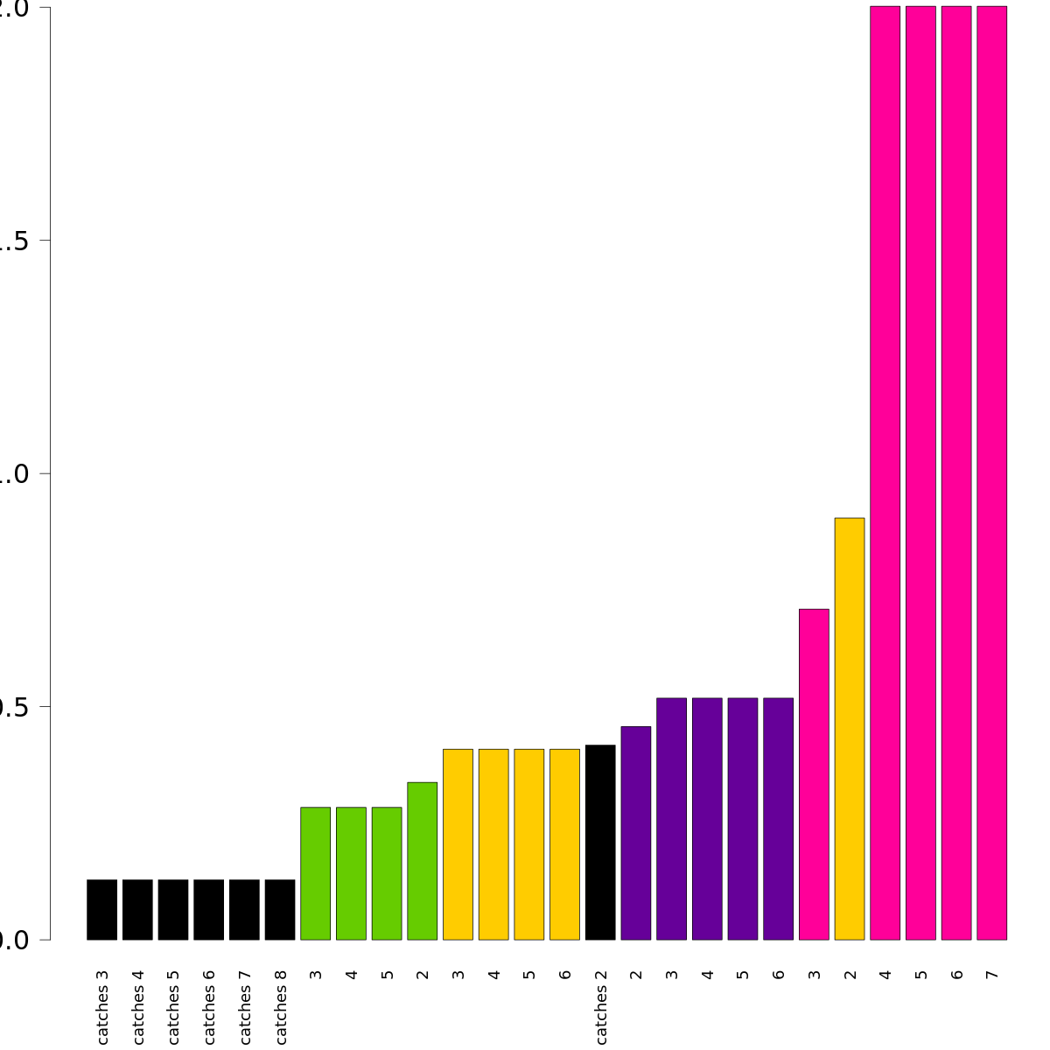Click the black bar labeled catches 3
[102, 909]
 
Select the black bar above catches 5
[173, 909]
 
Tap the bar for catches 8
[280, 909]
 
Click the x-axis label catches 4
[138, 1005]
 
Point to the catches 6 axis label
[209, 1005]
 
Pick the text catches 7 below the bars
[245, 1005]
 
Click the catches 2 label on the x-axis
[601, 1005]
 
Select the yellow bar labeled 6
[564, 844]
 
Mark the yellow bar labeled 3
[458, 844]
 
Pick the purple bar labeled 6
[779, 819]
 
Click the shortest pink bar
[814, 774]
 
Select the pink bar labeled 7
[991, 472]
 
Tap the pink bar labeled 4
[885, 472]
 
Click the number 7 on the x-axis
[991, 974]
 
